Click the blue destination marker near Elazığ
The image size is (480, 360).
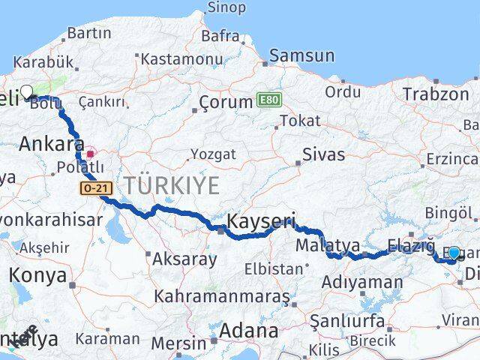tap(454, 253)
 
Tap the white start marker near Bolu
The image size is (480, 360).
tap(26, 92)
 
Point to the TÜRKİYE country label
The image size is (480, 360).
tap(172, 184)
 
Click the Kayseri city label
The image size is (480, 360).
tap(260, 221)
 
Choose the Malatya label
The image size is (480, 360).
tap(328, 245)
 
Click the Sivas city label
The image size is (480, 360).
tap(324, 154)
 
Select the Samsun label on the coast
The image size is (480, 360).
tap(301, 55)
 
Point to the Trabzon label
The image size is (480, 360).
tap(435, 94)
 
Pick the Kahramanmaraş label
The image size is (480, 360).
tap(221, 296)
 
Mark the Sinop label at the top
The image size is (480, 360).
tap(225, 7)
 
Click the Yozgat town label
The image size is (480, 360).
tap(213, 154)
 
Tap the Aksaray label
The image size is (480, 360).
tap(184, 259)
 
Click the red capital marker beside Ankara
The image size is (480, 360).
tap(90, 154)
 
